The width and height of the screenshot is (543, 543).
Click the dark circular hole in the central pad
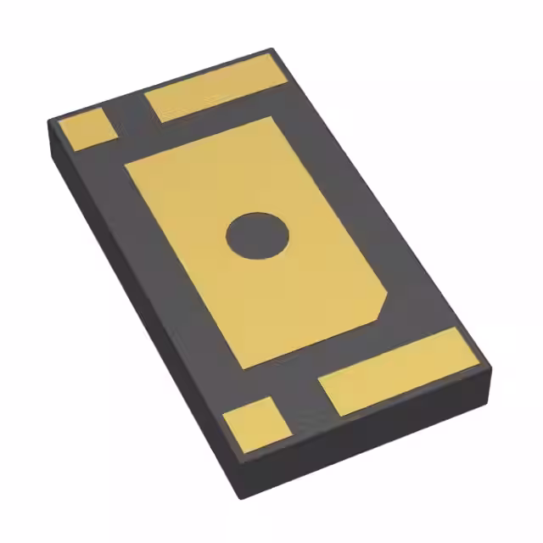(258, 235)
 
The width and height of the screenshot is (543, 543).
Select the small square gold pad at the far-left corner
(87, 129)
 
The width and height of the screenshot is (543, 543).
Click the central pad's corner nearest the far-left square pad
(126, 165)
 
